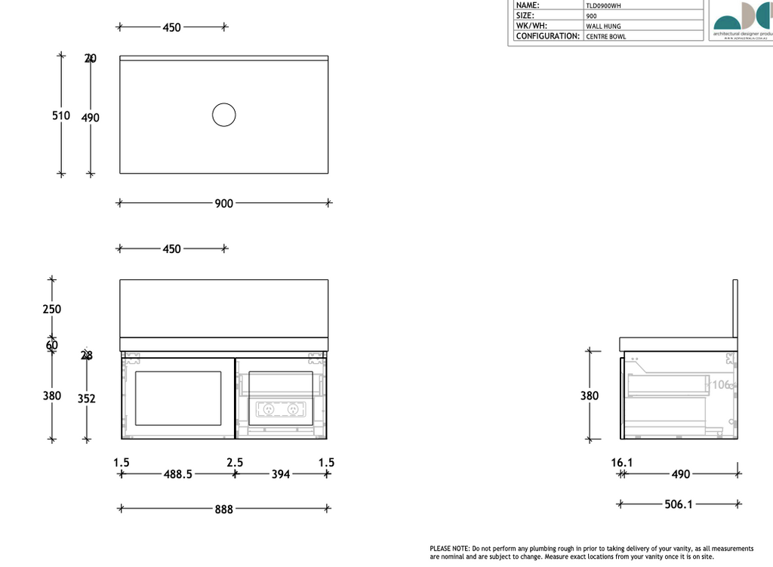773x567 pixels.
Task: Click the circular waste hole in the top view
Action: click(223, 115)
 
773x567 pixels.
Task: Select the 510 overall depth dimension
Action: click(61, 116)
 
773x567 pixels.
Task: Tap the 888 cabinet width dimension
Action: click(223, 510)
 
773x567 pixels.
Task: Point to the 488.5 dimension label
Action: click(178, 475)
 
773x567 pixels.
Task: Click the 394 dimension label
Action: click(281, 475)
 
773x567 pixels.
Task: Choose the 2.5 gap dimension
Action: click(234, 462)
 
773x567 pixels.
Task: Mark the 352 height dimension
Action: click(87, 399)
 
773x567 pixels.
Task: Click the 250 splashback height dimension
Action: click(52, 309)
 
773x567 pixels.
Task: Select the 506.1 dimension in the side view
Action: click(679, 504)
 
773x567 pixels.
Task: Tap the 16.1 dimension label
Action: click(623, 462)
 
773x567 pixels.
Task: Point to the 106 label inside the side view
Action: click(722, 385)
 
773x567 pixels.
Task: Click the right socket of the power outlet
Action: click(294, 408)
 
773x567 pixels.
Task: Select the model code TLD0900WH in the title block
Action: click(604, 5)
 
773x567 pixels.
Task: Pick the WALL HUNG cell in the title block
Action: click(603, 26)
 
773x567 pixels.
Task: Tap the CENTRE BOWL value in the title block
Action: click(606, 36)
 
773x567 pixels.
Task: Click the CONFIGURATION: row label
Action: click(548, 36)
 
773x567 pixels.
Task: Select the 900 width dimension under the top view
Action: click(223, 203)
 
